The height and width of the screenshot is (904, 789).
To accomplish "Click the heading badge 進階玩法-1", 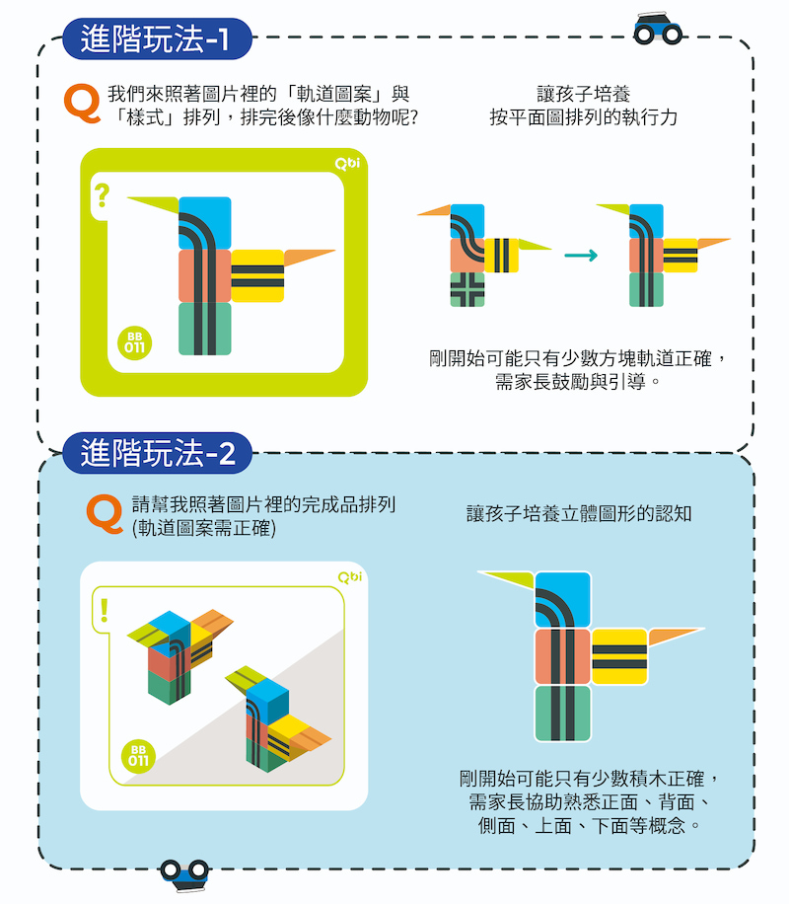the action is tap(157, 38).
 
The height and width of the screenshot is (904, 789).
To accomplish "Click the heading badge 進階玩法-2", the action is tap(157, 453).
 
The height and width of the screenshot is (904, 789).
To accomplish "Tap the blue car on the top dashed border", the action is tap(657, 29).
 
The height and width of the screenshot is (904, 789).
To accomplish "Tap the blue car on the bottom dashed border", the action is tap(184, 875).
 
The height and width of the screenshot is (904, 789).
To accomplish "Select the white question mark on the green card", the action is tap(102, 195).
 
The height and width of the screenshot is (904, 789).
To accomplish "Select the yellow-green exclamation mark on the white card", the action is tap(104, 610).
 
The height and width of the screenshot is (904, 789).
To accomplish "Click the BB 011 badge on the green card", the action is tap(134, 343).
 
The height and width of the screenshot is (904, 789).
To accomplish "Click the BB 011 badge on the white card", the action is tap(138, 756).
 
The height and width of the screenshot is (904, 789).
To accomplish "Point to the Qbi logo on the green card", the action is tap(347, 164).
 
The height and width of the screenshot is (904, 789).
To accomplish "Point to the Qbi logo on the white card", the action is tap(350, 577).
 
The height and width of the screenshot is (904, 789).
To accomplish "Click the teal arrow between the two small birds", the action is tap(581, 255).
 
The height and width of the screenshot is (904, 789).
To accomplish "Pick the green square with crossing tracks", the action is tap(467, 289).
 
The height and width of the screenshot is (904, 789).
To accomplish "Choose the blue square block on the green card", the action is tap(204, 223).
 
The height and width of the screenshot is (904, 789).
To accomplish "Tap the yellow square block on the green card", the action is tap(257, 276).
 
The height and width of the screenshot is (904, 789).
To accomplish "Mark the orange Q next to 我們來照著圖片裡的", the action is tap(83, 104).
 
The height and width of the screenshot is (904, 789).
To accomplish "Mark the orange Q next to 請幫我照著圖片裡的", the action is tap(105, 514).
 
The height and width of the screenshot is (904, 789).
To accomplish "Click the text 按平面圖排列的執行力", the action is tap(583, 117).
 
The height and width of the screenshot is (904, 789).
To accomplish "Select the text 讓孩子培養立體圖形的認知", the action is tap(579, 513).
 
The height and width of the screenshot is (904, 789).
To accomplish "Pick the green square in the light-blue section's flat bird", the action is tap(563, 714).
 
